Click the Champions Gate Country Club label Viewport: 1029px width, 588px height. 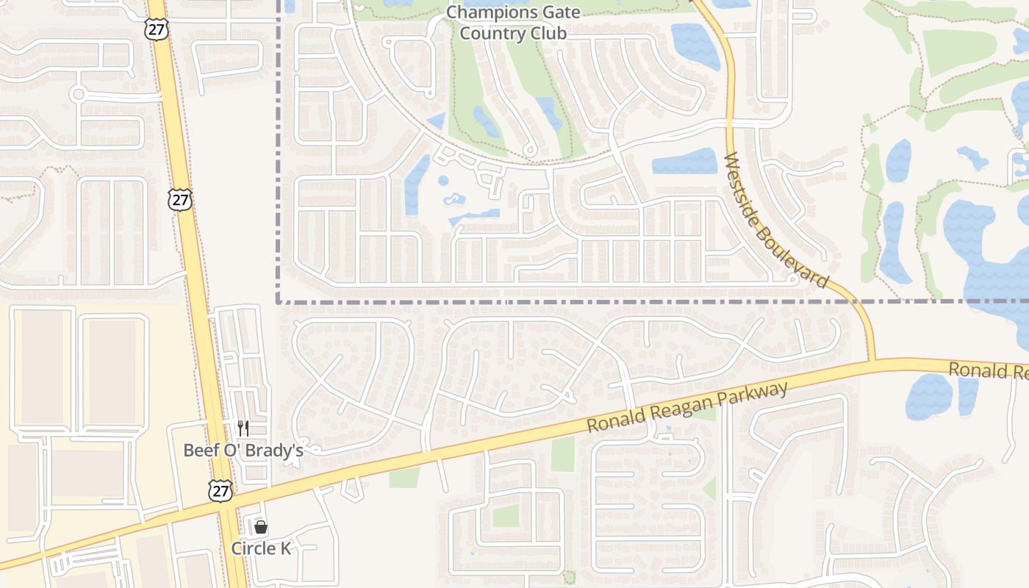(513, 23)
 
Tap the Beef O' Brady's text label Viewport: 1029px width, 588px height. (243, 450)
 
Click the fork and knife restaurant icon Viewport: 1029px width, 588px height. (243, 429)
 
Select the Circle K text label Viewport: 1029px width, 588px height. (261, 548)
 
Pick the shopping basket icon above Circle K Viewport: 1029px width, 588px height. (260, 527)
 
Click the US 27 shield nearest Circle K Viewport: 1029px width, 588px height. (220, 491)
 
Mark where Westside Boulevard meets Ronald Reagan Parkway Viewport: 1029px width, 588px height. (872, 362)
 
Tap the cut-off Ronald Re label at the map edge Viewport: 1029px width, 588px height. (988, 370)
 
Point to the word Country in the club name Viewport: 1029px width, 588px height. (488, 33)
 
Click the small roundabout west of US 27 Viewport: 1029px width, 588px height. (79, 94)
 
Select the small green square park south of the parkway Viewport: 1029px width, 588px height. (506, 515)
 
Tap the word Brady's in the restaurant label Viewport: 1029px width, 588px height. (279, 450)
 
